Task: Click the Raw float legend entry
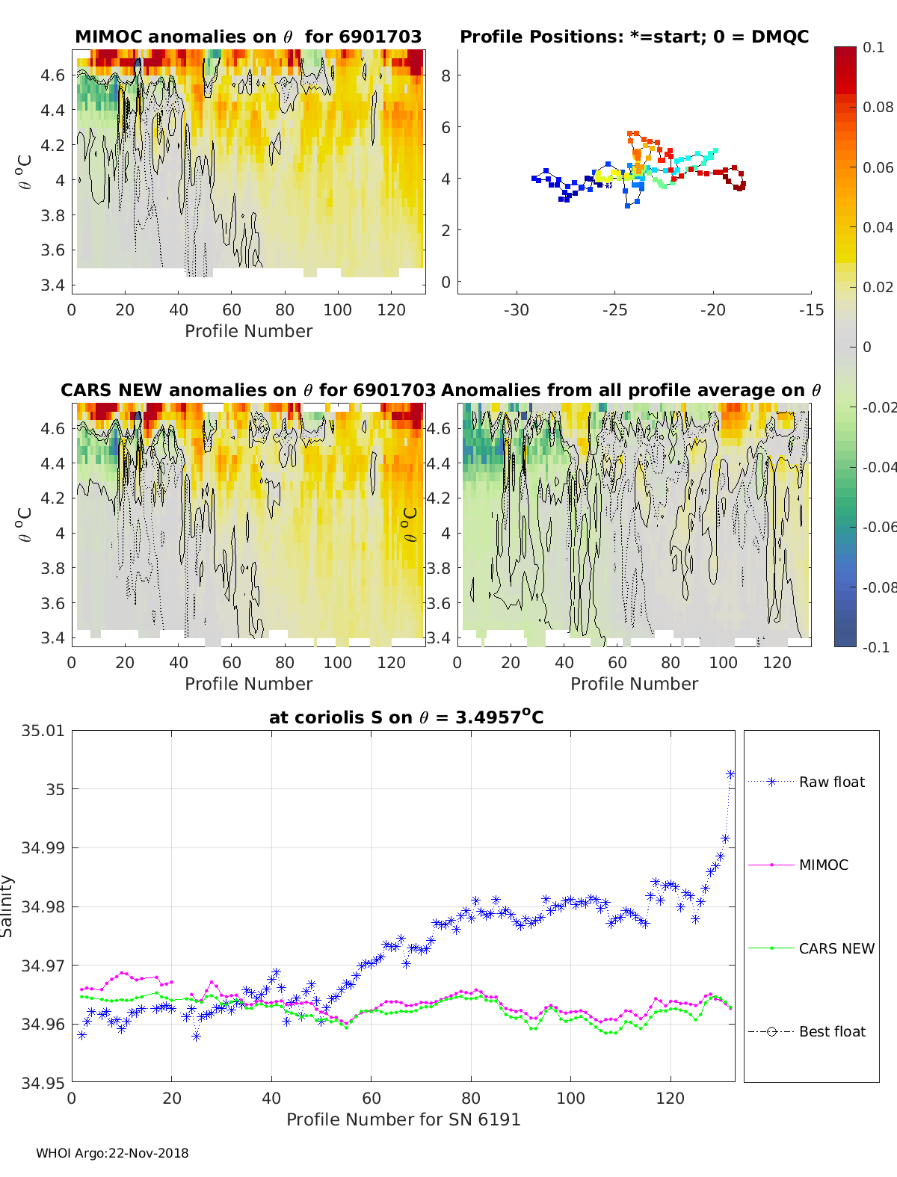(x=807, y=782)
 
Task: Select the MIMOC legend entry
(x=798, y=865)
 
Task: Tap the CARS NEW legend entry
(x=811, y=948)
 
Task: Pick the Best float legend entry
(x=807, y=1032)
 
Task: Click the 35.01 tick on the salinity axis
(x=43, y=731)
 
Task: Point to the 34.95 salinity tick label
(x=43, y=1083)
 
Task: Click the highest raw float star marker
(x=730, y=774)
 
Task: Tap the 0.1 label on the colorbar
(x=873, y=48)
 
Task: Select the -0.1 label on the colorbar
(x=876, y=647)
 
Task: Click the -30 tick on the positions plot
(x=517, y=310)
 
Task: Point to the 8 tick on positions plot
(x=446, y=76)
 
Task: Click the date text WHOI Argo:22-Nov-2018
(x=112, y=1153)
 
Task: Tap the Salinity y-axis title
(x=7, y=906)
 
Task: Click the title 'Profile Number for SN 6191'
(x=403, y=1119)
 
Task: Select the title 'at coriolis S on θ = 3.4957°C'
(x=406, y=717)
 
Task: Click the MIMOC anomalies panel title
(x=248, y=37)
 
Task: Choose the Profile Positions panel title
(x=635, y=37)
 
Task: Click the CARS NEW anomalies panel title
(x=248, y=390)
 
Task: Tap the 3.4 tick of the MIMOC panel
(x=52, y=285)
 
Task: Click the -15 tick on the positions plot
(x=811, y=310)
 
